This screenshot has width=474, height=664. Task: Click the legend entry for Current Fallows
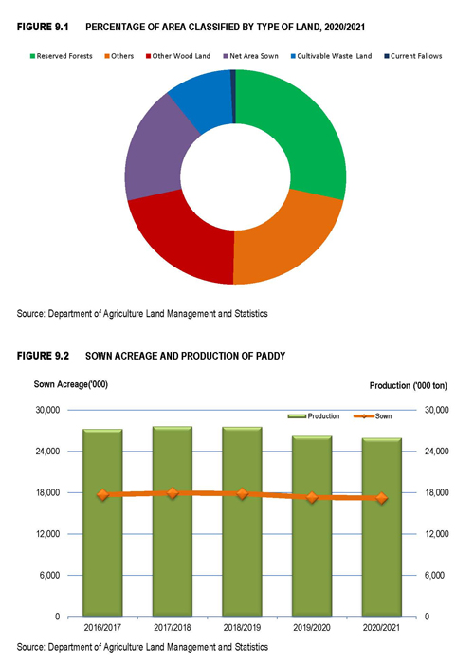click(413, 56)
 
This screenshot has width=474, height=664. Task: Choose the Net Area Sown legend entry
click(250, 56)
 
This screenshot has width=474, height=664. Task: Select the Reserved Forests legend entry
click(61, 56)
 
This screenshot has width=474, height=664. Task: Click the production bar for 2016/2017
click(102, 523)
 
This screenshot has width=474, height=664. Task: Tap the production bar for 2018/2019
click(242, 522)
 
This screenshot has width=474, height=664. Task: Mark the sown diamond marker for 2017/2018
click(173, 493)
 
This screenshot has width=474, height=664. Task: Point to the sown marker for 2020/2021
click(382, 498)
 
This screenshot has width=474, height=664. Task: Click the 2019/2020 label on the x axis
click(312, 627)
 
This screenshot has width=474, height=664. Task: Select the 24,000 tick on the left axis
click(47, 452)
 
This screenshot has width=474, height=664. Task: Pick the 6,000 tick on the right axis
click(434, 575)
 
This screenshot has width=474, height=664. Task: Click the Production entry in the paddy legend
click(314, 416)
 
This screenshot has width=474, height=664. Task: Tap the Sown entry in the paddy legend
click(373, 416)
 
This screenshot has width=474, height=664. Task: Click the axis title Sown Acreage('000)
click(71, 384)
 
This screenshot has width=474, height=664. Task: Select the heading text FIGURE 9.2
click(43, 356)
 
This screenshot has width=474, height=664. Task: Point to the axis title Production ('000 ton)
click(409, 386)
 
